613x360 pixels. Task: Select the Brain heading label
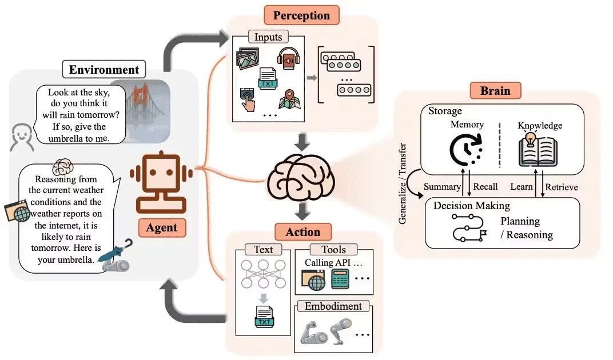click(495, 91)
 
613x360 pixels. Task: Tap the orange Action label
click(303, 231)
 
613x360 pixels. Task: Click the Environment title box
click(104, 70)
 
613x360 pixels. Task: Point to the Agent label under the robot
click(162, 227)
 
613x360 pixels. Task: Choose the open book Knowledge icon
click(538, 150)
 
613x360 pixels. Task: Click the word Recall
click(486, 187)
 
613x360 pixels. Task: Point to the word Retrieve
click(561, 187)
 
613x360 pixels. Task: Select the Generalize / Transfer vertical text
click(403, 183)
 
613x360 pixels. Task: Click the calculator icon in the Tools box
click(341, 281)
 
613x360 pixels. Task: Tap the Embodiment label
click(333, 306)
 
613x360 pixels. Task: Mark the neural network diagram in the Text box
click(264, 275)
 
